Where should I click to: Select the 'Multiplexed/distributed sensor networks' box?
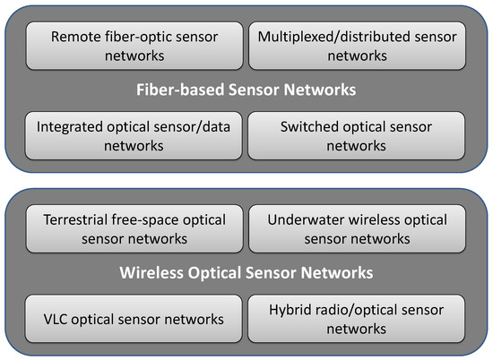click(357, 47)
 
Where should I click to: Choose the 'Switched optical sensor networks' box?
click(357, 136)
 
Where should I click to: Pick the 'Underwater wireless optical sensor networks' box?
click(357, 228)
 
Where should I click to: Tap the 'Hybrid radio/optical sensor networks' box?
click(357, 320)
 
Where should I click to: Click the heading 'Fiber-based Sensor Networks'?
click(246, 90)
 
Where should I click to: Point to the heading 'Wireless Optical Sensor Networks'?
click(246, 272)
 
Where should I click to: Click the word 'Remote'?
click(76, 38)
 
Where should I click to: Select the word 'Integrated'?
click(71, 127)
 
